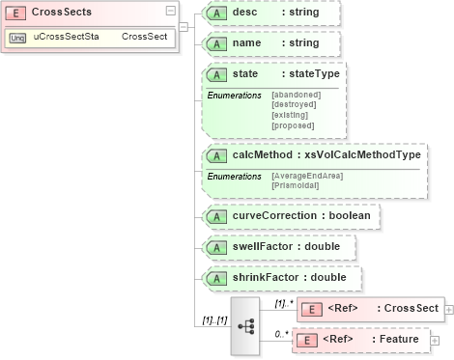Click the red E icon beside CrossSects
tap(16, 13)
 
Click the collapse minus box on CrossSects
tap(171, 11)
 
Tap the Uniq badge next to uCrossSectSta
tap(17, 37)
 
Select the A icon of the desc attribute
tap(218, 13)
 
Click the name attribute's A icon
tap(218, 44)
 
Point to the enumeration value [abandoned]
tap(296, 95)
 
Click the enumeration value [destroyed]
tap(296, 104)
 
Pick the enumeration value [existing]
tap(292, 115)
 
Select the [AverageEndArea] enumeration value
tap(308, 175)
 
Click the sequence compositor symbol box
tap(247, 326)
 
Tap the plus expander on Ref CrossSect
tap(449, 309)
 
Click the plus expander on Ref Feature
tap(434, 341)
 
